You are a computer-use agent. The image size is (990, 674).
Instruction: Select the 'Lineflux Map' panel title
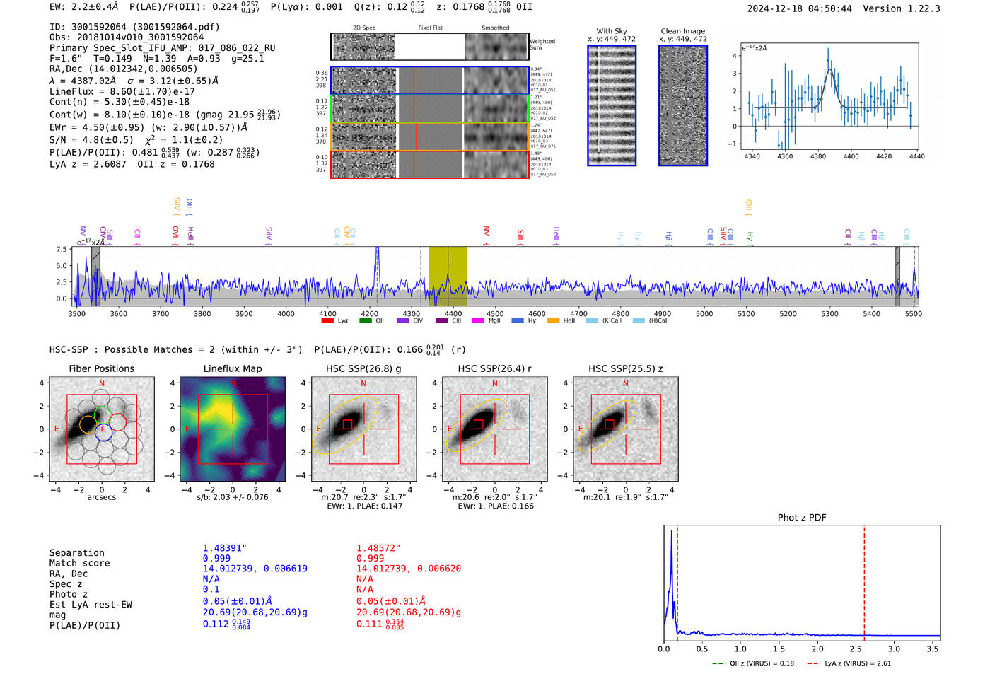click(x=232, y=368)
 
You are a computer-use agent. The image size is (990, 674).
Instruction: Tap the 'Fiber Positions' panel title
click(x=101, y=368)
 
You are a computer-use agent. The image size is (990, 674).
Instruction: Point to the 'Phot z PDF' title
click(x=801, y=517)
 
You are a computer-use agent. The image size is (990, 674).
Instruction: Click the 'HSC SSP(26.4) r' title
click(x=494, y=368)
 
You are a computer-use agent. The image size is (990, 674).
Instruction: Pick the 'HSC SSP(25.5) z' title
click(x=625, y=368)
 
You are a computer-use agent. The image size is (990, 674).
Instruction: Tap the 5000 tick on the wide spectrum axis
click(x=704, y=313)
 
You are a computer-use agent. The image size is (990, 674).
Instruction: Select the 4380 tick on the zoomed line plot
click(x=818, y=156)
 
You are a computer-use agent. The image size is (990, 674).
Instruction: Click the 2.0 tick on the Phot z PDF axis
click(x=817, y=649)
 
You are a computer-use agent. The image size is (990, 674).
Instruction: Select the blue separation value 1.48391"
click(x=224, y=548)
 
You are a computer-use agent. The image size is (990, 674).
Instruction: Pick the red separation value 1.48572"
click(x=378, y=548)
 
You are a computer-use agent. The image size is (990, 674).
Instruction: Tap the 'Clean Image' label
click(x=682, y=31)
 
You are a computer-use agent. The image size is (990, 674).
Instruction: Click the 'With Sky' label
click(x=611, y=31)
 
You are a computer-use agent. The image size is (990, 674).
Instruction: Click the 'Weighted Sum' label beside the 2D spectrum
click(x=542, y=45)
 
